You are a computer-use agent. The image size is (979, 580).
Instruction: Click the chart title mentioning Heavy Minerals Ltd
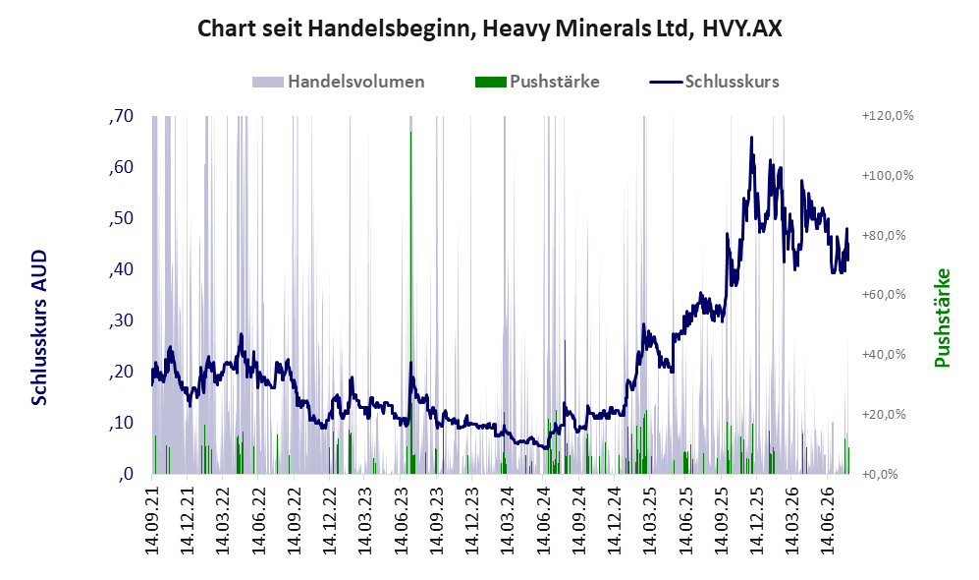489,29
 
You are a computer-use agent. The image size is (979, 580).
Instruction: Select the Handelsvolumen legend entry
339,82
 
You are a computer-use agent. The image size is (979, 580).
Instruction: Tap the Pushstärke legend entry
537,82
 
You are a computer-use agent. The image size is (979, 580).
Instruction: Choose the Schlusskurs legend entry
714,82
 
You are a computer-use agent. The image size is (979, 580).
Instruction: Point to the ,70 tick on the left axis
121,116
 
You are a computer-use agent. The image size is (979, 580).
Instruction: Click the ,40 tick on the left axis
121,269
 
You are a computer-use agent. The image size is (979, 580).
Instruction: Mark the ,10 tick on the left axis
121,423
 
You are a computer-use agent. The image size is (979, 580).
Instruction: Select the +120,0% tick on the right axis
888,116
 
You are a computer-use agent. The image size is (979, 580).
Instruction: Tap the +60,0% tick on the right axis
884,294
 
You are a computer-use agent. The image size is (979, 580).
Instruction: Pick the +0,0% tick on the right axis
881,474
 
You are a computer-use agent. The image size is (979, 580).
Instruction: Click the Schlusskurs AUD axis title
39,327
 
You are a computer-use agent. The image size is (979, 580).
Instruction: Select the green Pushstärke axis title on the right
942,319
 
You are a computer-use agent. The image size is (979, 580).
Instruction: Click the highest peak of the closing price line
751,137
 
